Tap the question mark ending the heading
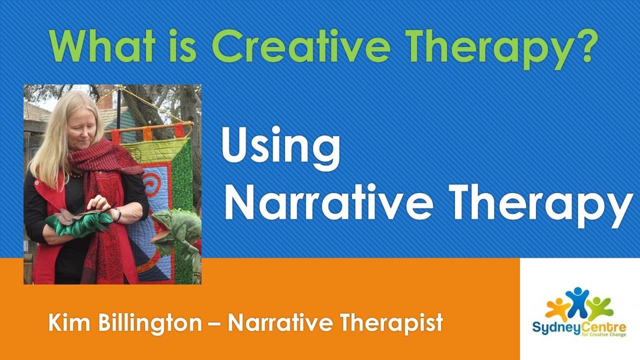(x=586, y=46)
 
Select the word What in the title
(x=101, y=46)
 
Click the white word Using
(x=280, y=149)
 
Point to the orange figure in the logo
(x=557, y=309)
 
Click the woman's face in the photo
(x=83, y=131)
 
